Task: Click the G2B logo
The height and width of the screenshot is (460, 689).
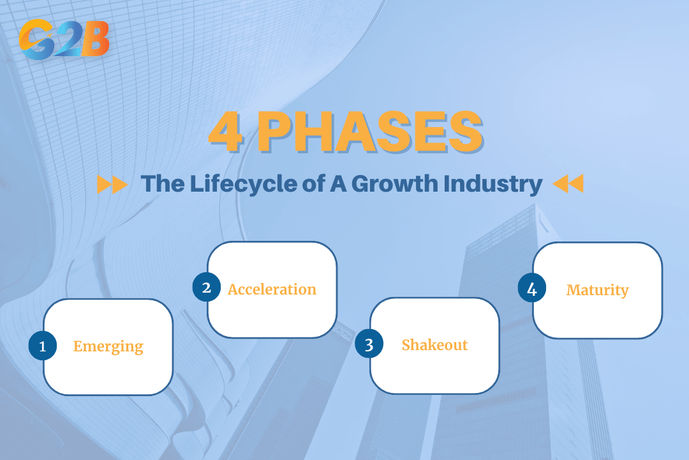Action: point(64,39)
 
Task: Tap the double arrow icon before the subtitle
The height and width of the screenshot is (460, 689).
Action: point(112,185)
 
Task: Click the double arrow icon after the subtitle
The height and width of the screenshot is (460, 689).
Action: point(568,185)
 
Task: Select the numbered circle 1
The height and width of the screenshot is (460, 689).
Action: point(43,346)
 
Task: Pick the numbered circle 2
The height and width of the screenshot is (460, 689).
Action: point(207,287)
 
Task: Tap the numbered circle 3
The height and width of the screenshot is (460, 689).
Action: point(369,345)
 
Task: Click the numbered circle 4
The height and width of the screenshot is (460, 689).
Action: point(532,289)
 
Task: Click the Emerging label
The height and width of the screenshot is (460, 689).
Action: point(108,347)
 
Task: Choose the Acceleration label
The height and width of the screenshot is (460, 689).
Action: point(272,289)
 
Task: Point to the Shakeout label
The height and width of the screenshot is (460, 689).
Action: point(434,345)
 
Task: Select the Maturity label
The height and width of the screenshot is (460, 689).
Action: point(597,290)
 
